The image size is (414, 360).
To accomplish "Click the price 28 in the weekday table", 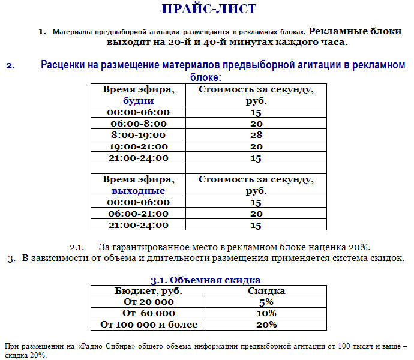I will coord(256,135).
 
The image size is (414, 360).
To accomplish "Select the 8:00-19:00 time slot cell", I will coord(137,135).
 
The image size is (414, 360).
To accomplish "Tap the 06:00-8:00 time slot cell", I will coord(137,124).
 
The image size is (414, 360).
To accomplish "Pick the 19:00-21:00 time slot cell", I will coord(137,146).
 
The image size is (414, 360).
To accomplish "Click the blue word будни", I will coord(138,101).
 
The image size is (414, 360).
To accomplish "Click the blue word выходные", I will coord(138,190).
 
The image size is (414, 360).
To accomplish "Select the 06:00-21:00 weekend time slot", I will coord(137,214).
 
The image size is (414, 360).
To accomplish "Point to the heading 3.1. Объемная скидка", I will coord(205,280).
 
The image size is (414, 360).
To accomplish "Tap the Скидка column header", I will coord(266,291).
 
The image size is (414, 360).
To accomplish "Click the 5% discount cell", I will coord(266,302).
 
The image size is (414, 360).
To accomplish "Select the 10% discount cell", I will coord(266,313).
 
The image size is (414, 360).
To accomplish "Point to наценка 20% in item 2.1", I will coord(344,247).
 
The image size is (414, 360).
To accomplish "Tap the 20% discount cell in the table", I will coord(266,325).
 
